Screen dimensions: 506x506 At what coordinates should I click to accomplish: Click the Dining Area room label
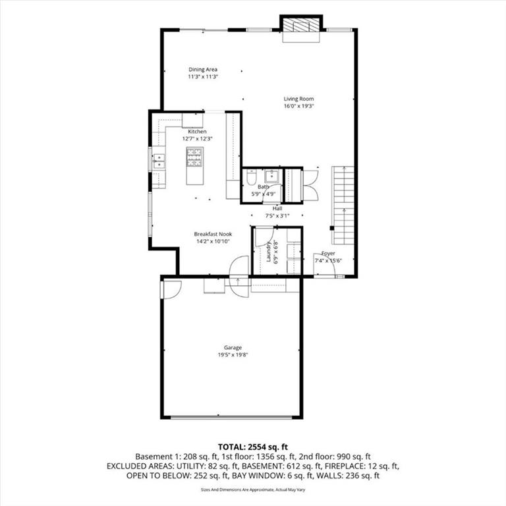203,69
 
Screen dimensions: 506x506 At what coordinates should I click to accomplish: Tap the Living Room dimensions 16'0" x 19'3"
299,106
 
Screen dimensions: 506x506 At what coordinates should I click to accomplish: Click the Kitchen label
197,132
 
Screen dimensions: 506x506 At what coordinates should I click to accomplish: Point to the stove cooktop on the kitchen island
195,157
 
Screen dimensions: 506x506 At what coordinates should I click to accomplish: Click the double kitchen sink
159,161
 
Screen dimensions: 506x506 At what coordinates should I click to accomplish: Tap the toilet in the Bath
251,179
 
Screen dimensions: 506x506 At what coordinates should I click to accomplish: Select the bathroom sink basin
271,177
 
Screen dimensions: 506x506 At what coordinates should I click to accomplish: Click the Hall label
277,208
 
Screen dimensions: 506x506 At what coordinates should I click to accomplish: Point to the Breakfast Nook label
213,234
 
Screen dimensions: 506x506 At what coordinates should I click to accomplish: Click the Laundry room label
269,252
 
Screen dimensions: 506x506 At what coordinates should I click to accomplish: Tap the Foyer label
328,253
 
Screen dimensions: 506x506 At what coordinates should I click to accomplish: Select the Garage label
233,348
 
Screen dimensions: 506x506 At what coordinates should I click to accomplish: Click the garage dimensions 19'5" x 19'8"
233,354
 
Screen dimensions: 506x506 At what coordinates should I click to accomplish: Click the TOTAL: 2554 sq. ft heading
253,447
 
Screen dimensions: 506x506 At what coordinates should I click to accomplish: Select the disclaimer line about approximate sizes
253,490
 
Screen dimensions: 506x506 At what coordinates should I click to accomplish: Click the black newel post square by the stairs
332,228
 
